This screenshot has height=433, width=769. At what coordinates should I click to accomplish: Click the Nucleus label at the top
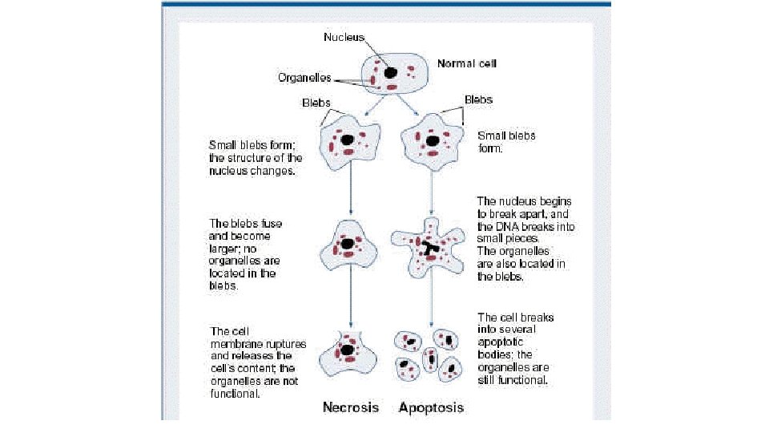point(344,37)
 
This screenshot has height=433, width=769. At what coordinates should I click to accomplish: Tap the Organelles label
point(304,78)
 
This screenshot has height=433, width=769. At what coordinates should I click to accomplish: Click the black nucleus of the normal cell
point(390,73)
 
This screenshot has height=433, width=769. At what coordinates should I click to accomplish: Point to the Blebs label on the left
point(316,103)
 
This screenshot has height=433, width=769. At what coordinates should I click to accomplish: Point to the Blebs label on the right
point(478,99)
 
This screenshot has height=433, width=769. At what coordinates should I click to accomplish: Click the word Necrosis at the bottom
point(350,407)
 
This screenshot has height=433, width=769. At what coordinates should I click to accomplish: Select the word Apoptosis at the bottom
point(431,407)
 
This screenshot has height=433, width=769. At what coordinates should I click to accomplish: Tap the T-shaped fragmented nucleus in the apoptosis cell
point(432,249)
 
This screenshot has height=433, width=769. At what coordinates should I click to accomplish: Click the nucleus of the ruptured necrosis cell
point(348,350)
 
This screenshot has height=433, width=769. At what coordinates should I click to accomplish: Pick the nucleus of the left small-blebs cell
point(348,140)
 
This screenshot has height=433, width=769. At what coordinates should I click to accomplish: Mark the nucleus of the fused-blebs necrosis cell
point(348,243)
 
